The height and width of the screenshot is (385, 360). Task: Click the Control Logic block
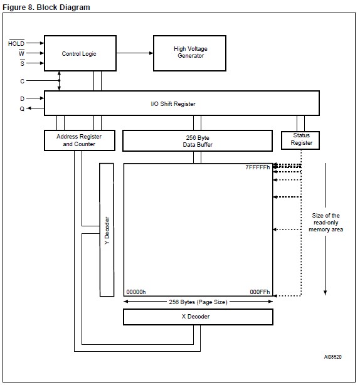click(x=79, y=53)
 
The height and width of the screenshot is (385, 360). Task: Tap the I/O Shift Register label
click(x=182, y=103)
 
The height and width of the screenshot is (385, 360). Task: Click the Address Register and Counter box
click(x=78, y=140)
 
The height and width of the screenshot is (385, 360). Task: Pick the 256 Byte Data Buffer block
click(x=197, y=140)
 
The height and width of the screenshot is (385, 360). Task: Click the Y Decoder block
click(x=107, y=230)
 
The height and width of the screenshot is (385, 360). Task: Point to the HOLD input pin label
click(x=16, y=44)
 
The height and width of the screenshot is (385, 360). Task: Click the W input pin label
click(x=21, y=54)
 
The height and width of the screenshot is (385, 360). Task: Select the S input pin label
click(x=21, y=64)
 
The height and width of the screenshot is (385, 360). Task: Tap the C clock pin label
click(x=21, y=80)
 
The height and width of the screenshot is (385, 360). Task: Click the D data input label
click(x=21, y=98)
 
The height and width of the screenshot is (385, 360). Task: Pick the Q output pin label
click(x=21, y=108)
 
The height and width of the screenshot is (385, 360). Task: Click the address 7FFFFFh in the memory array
click(x=257, y=168)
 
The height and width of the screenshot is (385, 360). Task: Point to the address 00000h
click(x=136, y=292)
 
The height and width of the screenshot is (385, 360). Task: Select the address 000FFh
click(x=260, y=292)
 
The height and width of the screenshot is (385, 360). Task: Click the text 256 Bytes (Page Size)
click(x=198, y=302)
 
